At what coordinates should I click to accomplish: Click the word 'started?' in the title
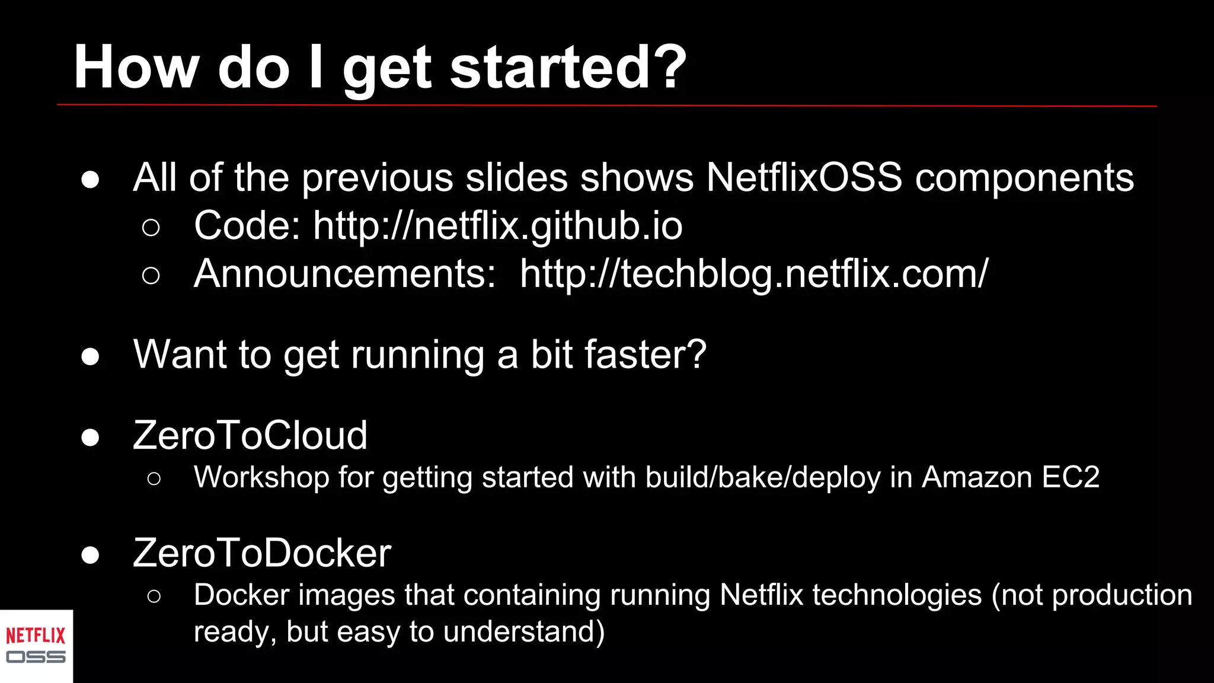point(568,68)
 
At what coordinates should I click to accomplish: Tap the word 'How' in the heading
point(135,68)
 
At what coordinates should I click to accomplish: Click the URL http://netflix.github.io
point(497,226)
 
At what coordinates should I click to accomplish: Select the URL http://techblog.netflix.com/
point(754,274)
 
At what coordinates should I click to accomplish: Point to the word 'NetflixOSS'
point(804,177)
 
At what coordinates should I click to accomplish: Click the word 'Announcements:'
point(344,274)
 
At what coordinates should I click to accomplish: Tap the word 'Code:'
point(247,226)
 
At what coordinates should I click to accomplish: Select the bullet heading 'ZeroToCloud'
point(250,435)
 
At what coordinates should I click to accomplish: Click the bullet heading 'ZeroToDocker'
point(262,553)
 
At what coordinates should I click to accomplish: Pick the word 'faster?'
point(646,355)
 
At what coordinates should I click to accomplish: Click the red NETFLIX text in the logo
point(36,636)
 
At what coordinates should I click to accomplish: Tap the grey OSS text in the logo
point(36,657)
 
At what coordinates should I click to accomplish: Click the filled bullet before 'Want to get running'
point(90,356)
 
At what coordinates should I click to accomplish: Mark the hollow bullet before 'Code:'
point(151,228)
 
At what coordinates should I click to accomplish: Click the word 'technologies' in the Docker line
point(897,595)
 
